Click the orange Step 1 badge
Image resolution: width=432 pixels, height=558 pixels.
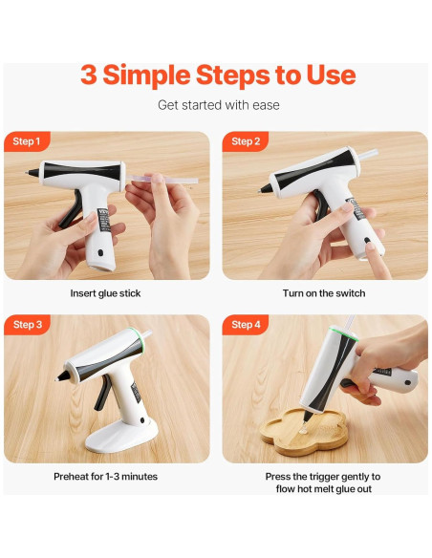[x=27, y=141]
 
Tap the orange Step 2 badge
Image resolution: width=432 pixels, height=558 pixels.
[x=246, y=141]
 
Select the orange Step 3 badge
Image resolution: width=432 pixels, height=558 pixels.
[x=27, y=325]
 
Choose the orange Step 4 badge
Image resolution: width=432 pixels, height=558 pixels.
[x=246, y=325]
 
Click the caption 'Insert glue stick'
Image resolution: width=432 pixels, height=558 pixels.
[x=105, y=293]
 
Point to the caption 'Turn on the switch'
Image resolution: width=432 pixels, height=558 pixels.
[x=324, y=293]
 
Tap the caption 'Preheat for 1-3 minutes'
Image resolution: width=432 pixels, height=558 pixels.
[x=105, y=476]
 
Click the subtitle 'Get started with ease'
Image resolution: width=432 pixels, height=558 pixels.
[x=218, y=104]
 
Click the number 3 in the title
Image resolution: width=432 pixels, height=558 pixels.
[x=88, y=75]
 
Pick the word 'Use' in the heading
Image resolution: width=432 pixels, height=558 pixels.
[x=329, y=75]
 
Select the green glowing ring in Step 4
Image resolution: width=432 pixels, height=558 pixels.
[x=335, y=333]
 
